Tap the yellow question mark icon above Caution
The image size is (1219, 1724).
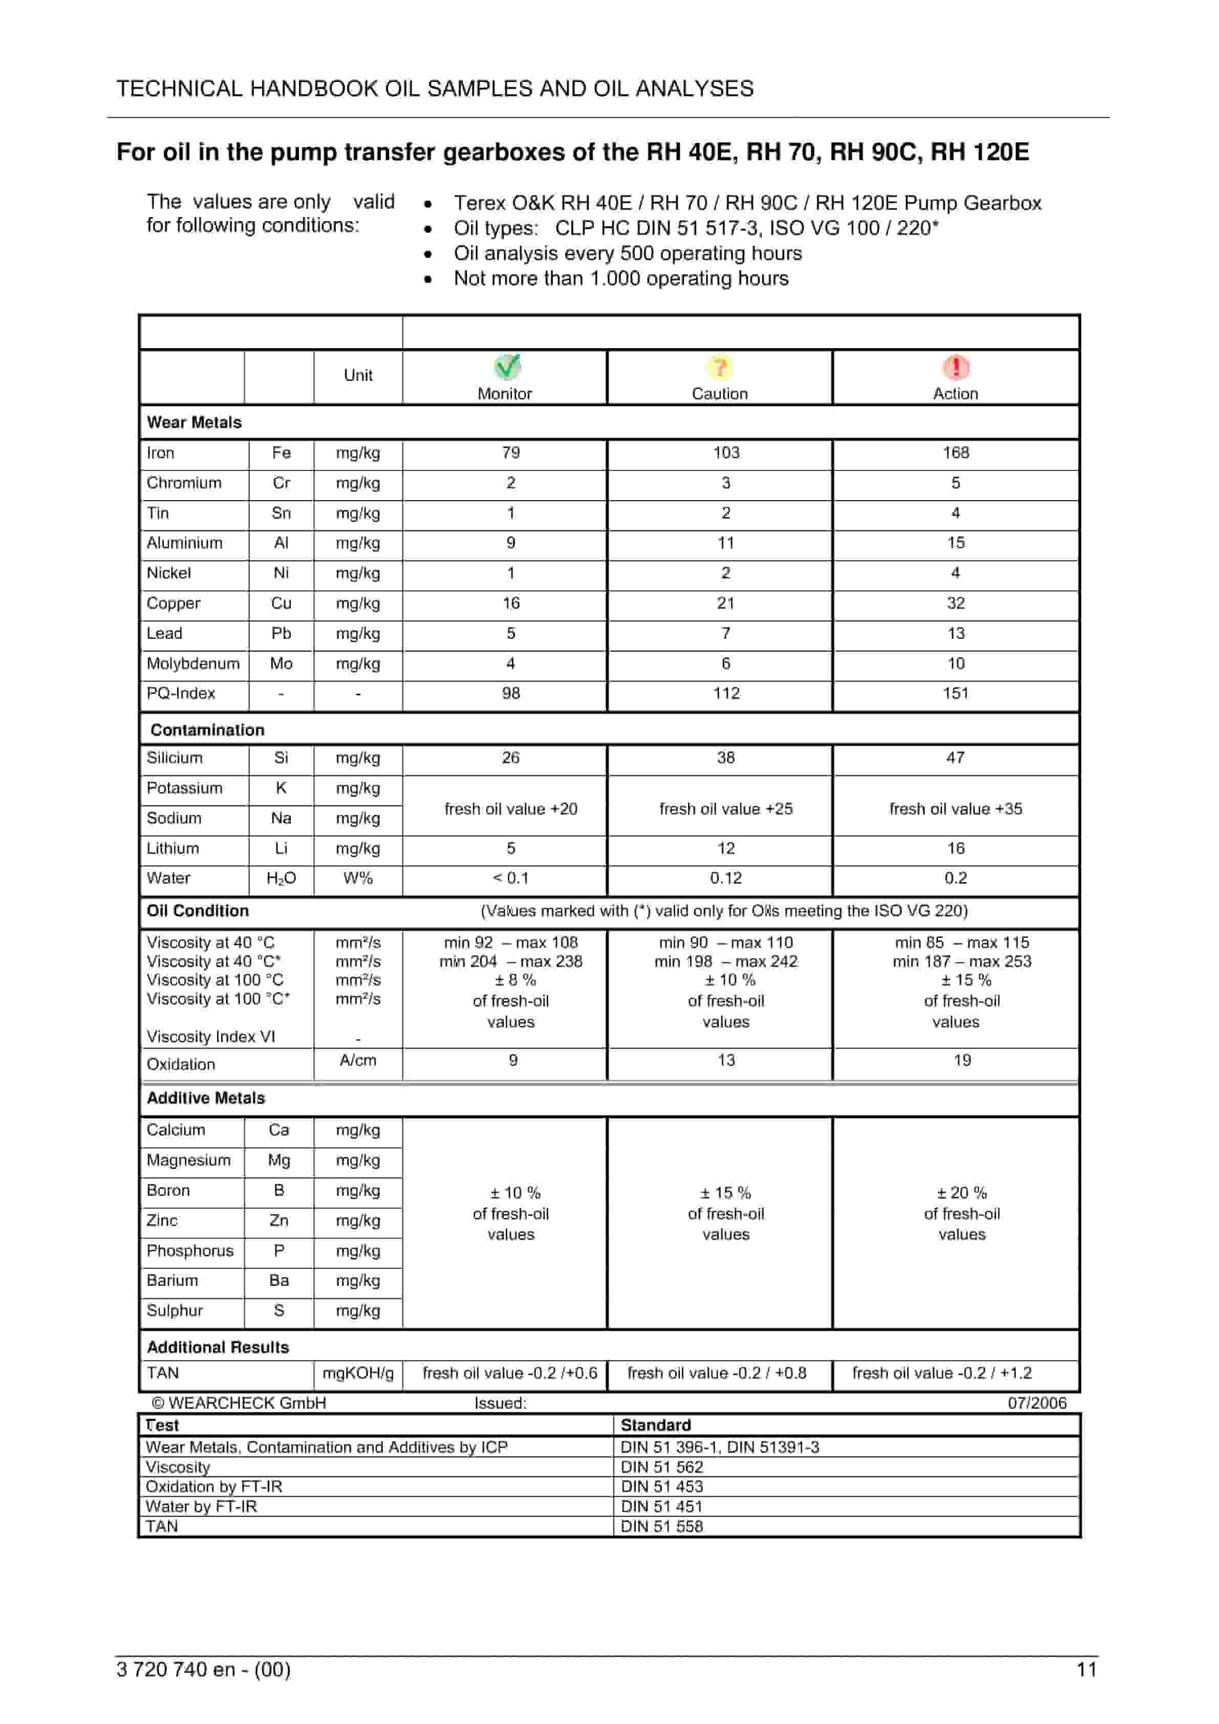click(719, 367)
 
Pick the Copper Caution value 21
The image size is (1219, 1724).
click(725, 603)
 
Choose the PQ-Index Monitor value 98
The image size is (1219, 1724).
click(511, 693)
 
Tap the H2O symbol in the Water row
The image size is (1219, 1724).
click(281, 878)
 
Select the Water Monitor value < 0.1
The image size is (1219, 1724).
click(511, 878)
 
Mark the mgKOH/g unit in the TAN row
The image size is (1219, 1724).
click(358, 1373)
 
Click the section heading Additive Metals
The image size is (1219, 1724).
click(206, 1098)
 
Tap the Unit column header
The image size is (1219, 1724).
click(358, 375)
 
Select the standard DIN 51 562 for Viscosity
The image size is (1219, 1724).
click(661, 1467)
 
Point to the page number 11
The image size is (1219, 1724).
click(1086, 1669)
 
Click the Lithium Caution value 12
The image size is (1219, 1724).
click(725, 849)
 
